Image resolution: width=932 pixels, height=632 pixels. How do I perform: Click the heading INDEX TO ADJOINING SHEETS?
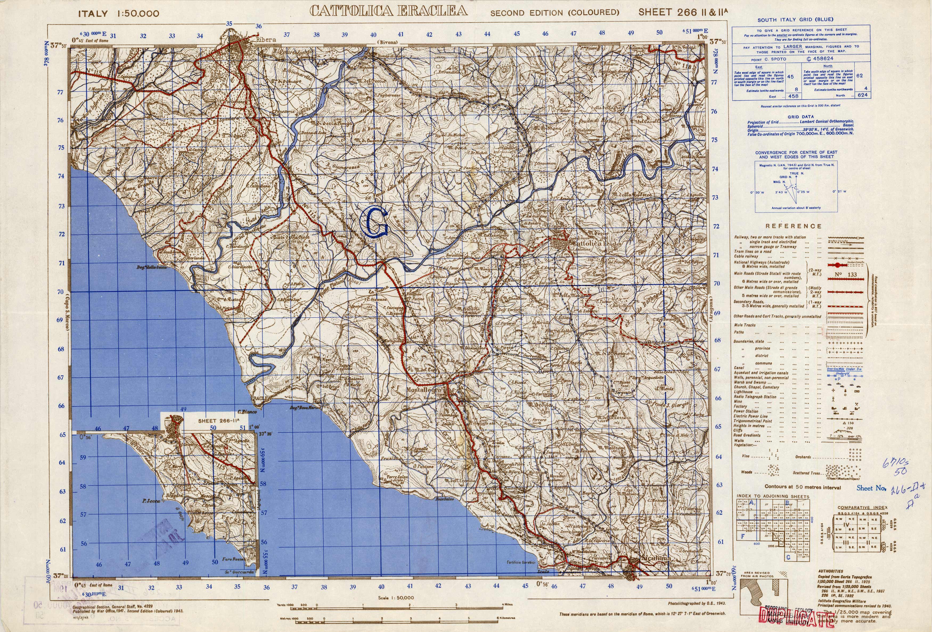(x=773, y=497)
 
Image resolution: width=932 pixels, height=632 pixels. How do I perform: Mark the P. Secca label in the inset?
(x=151, y=501)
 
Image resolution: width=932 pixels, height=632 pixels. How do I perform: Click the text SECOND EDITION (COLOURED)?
(x=555, y=13)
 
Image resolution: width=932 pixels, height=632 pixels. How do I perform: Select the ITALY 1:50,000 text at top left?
(x=119, y=14)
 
